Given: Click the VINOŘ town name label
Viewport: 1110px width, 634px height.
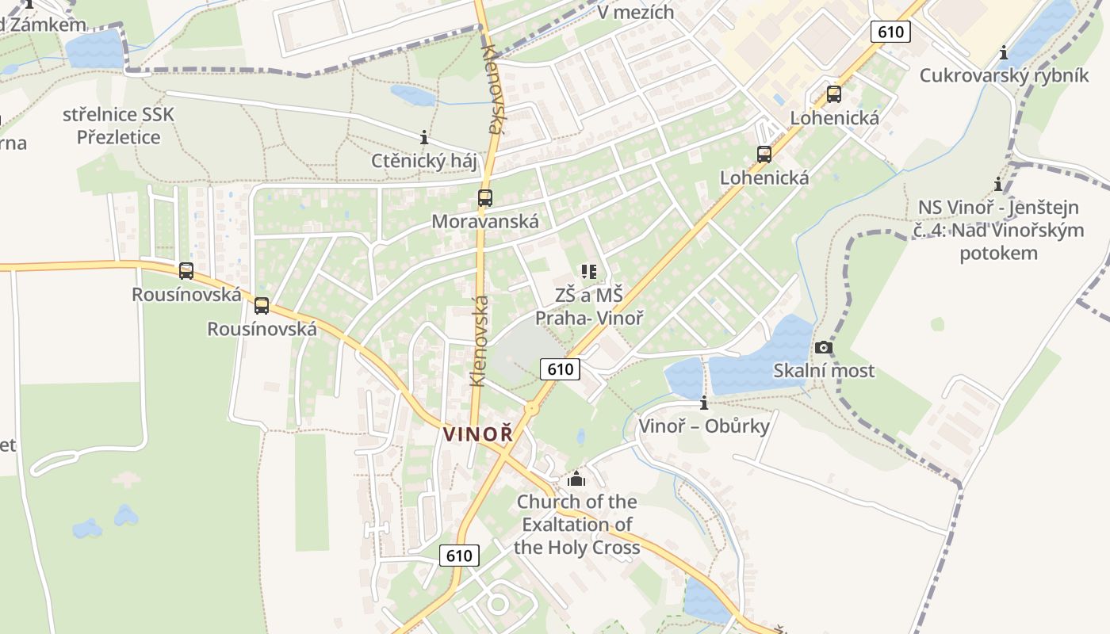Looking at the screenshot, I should (478, 434).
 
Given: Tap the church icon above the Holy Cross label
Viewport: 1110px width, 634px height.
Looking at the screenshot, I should (576, 479).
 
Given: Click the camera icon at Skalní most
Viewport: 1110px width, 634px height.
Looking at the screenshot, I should (824, 347).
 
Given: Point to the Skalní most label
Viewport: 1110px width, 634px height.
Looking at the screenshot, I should (824, 370).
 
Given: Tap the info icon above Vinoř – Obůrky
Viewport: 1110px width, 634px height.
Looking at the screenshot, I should (704, 403).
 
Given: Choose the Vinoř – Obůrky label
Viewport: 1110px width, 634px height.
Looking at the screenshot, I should (704, 426).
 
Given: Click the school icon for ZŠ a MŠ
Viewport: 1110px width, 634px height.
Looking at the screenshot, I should (588, 273).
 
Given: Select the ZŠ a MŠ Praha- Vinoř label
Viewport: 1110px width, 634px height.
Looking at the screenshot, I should (588, 307).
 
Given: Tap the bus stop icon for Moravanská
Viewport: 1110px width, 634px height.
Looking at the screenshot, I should (484, 198).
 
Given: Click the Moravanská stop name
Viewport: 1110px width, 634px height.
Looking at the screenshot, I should (484, 221).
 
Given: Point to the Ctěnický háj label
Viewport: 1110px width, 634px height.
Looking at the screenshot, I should (424, 161).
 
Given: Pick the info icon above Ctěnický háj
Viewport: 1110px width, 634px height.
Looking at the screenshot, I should (424, 138).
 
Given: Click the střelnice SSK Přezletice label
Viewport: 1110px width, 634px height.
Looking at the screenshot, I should (118, 125).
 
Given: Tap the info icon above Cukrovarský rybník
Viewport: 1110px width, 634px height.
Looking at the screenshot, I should (1004, 53).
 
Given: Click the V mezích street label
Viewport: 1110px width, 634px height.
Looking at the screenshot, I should (635, 12).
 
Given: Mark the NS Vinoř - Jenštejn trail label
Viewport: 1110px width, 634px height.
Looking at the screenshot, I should (998, 230).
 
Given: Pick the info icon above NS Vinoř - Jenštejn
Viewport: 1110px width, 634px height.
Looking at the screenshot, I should (998, 185).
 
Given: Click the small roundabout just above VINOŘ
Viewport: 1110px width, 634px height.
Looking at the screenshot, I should (532, 409).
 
